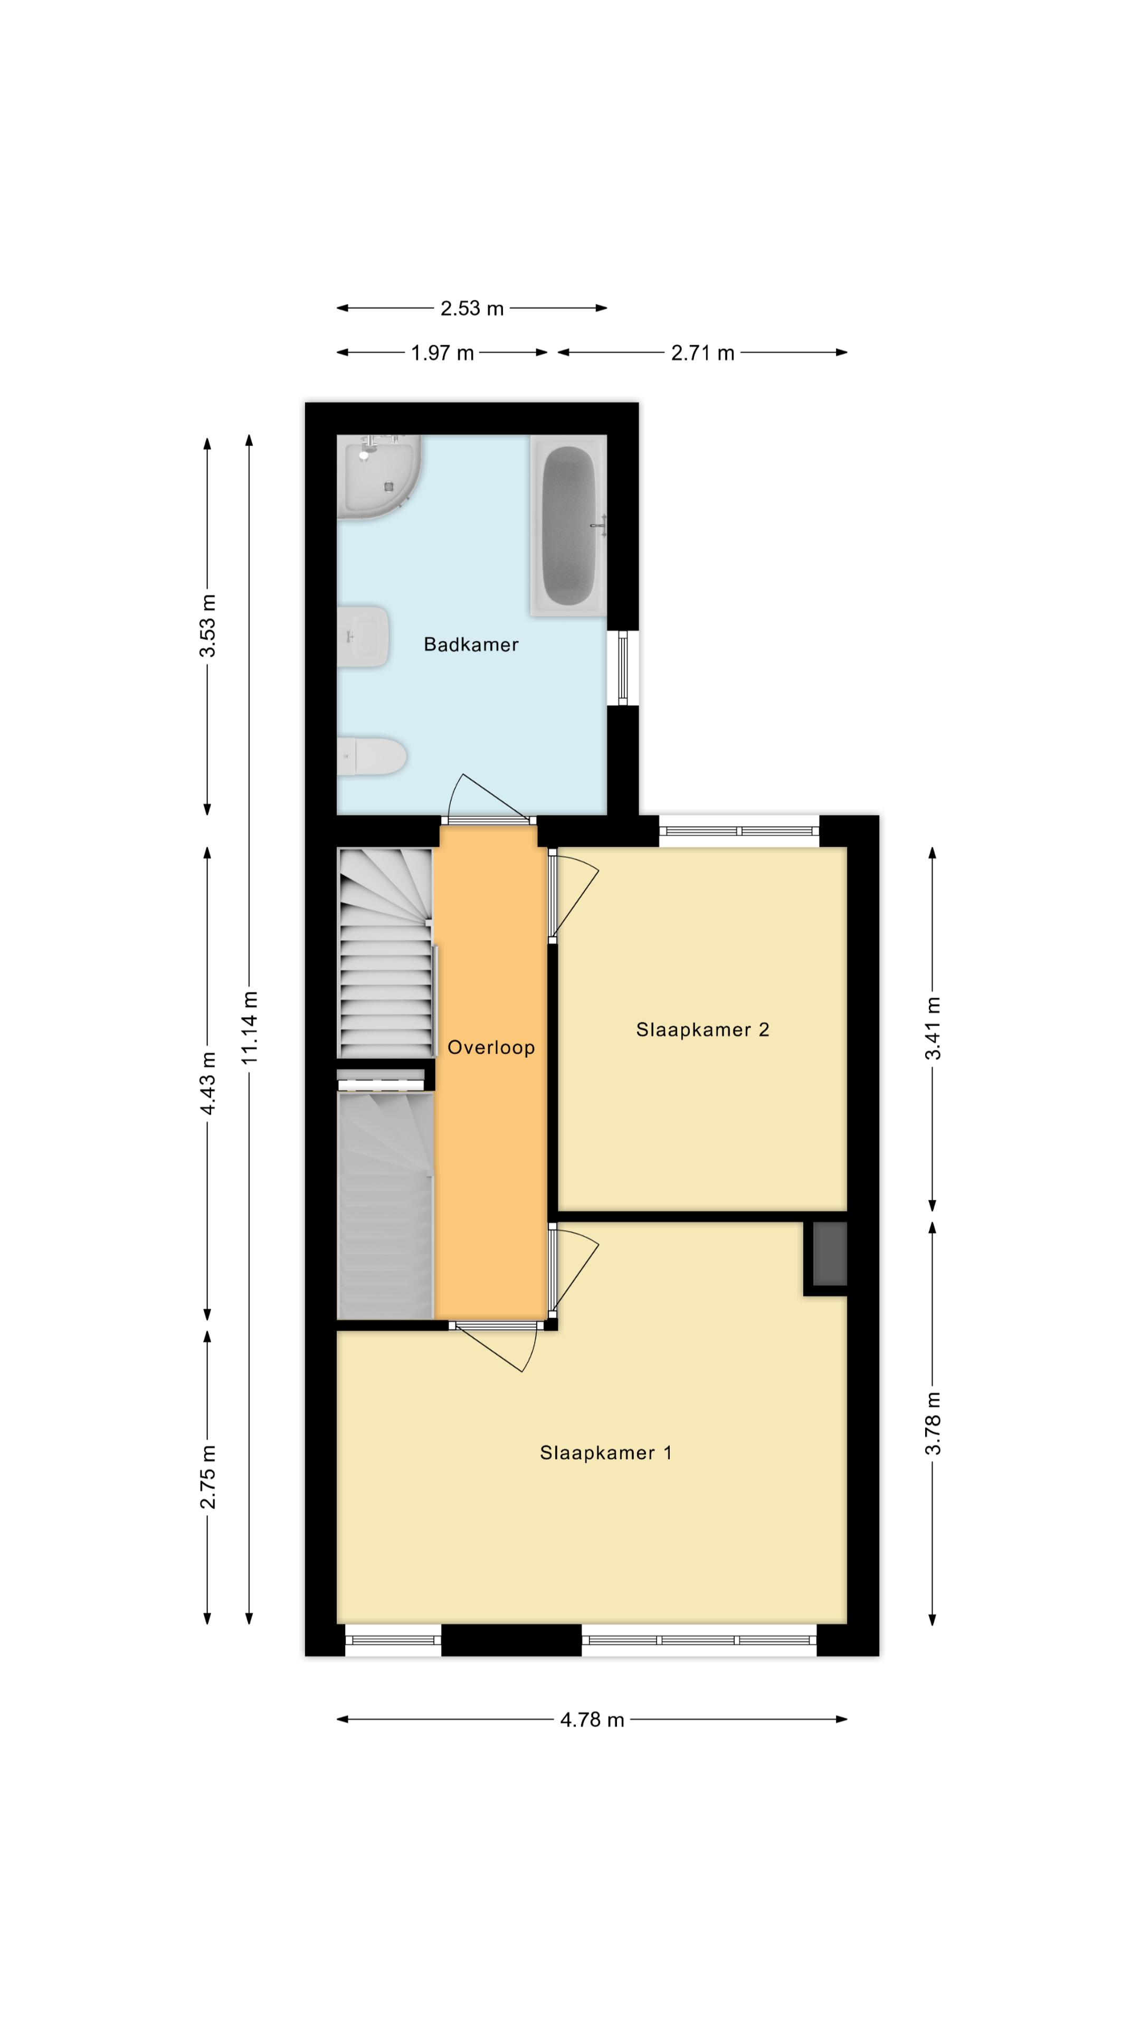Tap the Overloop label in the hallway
point(491,1047)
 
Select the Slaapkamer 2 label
point(702,1029)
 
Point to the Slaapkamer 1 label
point(606,1453)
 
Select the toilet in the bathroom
point(372,756)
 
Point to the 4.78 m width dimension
point(592,1719)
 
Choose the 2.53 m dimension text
point(471,308)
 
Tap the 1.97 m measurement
point(442,353)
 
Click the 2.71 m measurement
point(702,353)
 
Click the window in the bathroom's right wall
point(623,668)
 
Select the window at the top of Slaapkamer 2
point(739,831)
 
